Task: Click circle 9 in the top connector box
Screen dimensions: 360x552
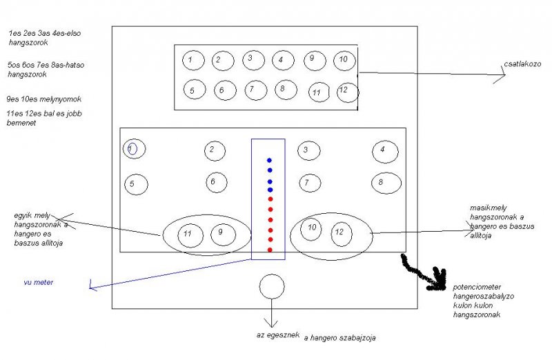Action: pyautogui.click(x=313, y=59)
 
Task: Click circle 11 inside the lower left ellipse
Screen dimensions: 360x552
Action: pyautogui.click(x=189, y=235)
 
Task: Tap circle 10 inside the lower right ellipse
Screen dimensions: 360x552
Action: pyautogui.click(x=312, y=228)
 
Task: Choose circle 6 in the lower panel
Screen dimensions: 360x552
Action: pyautogui.click(x=216, y=182)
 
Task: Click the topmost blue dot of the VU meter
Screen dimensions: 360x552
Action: pyautogui.click(x=270, y=160)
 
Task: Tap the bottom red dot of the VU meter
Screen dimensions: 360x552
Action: pyautogui.click(x=270, y=250)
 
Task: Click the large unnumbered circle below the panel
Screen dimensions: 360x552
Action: pyautogui.click(x=272, y=286)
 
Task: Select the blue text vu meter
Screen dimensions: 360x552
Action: pyautogui.click(x=39, y=282)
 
